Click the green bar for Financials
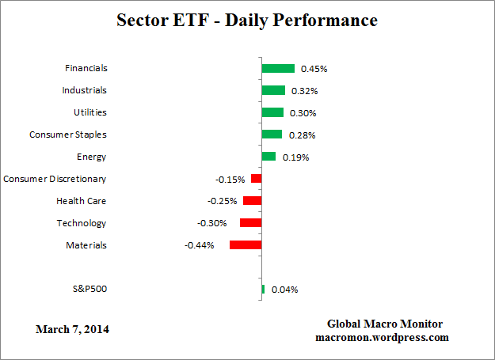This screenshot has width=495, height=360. tap(278, 68)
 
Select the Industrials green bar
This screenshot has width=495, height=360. tap(273, 90)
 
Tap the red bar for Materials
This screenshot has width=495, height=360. tap(246, 245)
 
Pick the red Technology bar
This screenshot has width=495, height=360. tap(250, 223)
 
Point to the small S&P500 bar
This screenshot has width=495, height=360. tap(263, 290)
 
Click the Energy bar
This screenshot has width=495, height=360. tap(268, 157)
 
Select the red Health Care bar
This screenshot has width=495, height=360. tap(252, 201)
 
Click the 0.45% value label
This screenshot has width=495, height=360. tap(314, 69)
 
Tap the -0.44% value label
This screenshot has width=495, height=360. tap(199, 246)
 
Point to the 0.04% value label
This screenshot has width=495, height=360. tap(284, 290)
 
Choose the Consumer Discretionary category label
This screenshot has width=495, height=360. tap(55, 179)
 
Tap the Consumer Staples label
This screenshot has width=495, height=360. tap(67, 135)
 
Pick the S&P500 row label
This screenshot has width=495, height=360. tap(89, 290)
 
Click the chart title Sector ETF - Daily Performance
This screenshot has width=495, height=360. tap(247, 20)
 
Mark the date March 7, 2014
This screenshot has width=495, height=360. tap(73, 329)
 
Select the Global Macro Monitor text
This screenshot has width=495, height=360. tap(385, 324)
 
